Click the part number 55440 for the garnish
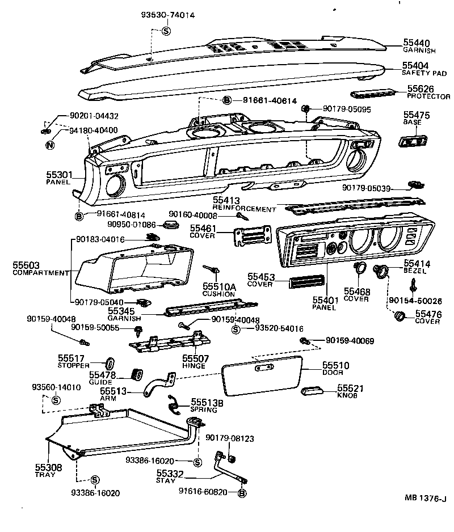(x=417, y=43)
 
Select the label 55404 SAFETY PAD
(x=415, y=66)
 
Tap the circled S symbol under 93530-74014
(x=166, y=31)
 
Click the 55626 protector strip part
(x=374, y=92)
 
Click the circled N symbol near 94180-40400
(x=50, y=145)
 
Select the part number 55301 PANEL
(x=57, y=175)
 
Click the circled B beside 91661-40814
(x=79, y=216)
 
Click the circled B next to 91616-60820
(x=242, y=493)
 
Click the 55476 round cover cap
(x=400, y=315)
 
